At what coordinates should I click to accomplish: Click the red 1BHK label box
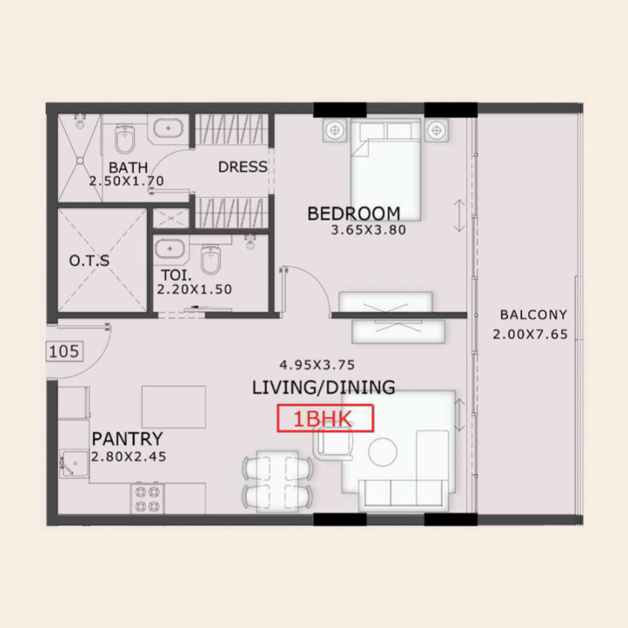[x=325, y=418]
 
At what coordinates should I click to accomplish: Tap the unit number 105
[x=64, y=351]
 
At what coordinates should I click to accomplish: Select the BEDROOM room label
[x=353, y=213]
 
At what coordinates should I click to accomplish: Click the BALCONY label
[x=533, y=315]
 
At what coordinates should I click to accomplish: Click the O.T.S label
[x=89, y=261]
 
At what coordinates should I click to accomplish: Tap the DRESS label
[x=243, y=166]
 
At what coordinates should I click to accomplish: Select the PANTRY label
[x=126, y=438]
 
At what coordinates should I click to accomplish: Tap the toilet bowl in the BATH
[x=126, y=141]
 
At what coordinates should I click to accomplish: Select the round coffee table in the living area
[x=384, y=451]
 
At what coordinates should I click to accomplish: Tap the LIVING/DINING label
[x=323, y=386]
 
